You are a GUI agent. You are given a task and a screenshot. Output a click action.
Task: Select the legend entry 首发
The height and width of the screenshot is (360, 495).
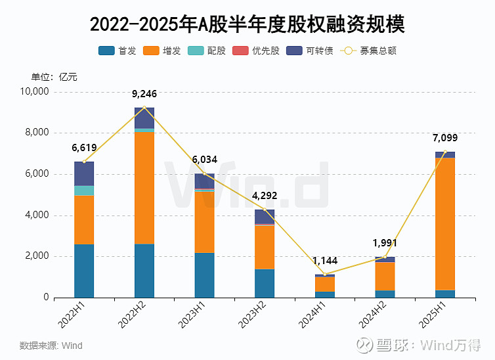(118, 51)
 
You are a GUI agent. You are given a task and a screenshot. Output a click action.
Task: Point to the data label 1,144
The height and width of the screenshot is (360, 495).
(324, 260)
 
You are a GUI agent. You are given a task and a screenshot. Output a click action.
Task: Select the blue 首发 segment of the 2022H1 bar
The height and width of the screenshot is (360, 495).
(84, 271)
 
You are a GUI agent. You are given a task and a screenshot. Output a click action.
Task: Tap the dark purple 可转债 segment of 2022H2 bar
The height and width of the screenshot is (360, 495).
(144, 118)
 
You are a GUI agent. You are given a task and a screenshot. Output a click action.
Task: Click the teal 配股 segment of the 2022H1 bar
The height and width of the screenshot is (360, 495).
(84, 191)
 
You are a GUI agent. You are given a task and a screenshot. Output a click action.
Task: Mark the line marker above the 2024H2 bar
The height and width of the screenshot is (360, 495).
(385, 257)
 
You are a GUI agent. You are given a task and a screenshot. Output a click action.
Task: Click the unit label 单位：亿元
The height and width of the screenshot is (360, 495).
(54, 77)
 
